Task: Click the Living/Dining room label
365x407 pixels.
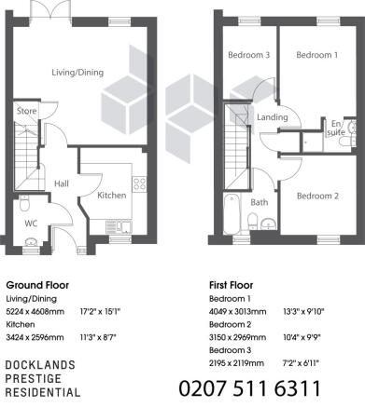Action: [77, 73]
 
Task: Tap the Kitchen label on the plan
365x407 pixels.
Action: [112, 196]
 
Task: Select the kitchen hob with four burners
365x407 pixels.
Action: [139, 183]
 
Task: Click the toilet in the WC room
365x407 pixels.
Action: [24, 203]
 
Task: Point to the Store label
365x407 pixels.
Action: [26, 111]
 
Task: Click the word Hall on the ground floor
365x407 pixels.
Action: [62, 183]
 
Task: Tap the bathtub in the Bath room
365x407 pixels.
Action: [232, 214]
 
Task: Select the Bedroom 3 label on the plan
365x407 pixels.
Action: [249, 55]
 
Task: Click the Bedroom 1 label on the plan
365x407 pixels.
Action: [316, 55]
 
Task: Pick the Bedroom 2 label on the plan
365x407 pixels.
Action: [317, 196]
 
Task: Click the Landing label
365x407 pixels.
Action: [273, 117]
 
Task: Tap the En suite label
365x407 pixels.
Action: [336, 128]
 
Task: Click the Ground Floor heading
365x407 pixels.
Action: [37, 285]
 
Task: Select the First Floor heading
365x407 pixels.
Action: [231, 285]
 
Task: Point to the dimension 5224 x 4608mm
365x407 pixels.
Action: [35, 311]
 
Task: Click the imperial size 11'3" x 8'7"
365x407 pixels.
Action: [98, 337]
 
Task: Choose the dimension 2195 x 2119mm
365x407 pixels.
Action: [236, 363]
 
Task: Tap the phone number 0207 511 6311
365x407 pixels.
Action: [250, 388]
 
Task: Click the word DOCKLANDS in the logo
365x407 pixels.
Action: [40, 365]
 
